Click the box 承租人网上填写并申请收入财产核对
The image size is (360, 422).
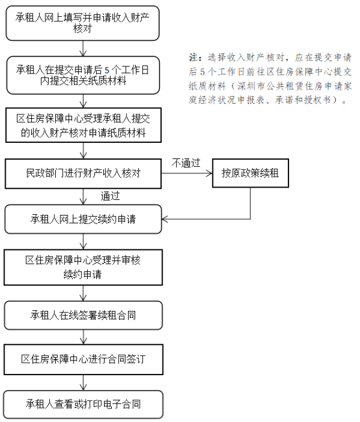83,23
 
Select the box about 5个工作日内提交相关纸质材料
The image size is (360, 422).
83,75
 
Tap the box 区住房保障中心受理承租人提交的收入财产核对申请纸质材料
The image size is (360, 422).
84,125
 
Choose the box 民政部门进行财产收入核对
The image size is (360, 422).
83,173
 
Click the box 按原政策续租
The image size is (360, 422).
251,173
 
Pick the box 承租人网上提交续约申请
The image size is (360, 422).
83,219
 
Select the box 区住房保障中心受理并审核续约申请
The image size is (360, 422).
83,267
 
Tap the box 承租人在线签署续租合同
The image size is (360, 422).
83,315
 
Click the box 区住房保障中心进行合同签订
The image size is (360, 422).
84,359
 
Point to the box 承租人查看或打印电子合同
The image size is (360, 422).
84,404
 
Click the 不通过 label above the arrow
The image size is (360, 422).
186,163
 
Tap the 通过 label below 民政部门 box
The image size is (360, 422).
110,196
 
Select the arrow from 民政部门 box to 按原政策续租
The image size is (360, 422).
187,173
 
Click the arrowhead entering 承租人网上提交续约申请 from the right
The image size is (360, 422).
164,219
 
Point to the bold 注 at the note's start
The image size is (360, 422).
194,57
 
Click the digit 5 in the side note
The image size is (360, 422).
203,72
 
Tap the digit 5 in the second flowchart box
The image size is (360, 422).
107,71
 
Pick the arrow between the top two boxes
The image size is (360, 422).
83,49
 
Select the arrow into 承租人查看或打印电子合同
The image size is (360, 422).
84,382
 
